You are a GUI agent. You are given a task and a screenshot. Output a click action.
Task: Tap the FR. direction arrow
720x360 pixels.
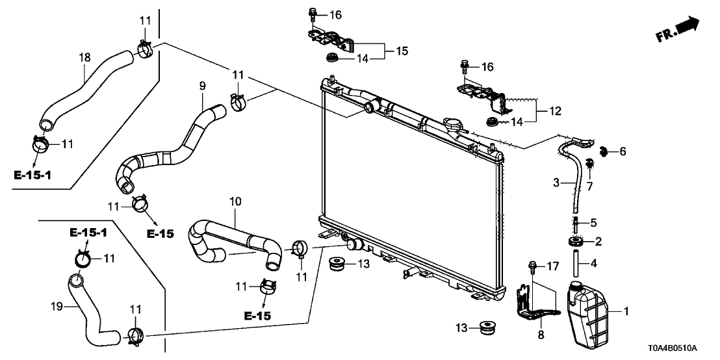coord(679,30)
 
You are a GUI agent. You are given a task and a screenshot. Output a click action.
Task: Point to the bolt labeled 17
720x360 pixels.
coord(532,266)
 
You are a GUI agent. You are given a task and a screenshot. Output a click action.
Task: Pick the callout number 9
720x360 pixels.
coord(202,85)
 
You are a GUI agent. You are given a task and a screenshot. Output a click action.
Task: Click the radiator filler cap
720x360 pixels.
coord(450,123)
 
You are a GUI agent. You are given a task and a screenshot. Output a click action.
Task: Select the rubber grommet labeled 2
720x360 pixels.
coord(574,242)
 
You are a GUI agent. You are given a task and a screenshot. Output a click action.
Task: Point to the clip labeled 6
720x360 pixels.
coord(604,152)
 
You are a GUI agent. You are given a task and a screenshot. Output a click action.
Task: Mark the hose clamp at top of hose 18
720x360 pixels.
coord(145,47)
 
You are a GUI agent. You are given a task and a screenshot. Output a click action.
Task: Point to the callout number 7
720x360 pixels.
coord(590,187)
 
